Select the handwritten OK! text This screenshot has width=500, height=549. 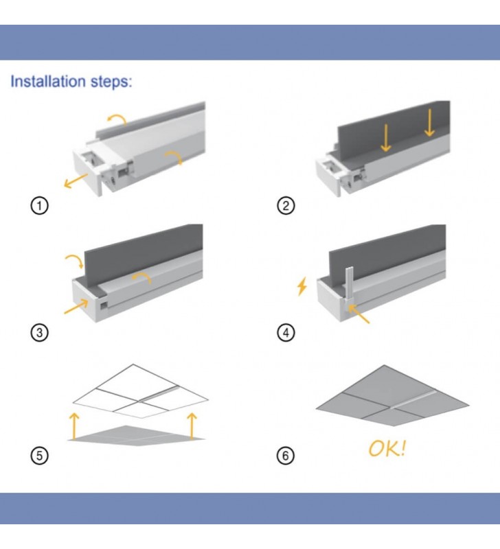point(387,449)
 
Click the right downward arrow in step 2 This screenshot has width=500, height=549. point(429,124)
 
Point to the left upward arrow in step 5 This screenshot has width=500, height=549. point(73,425)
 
